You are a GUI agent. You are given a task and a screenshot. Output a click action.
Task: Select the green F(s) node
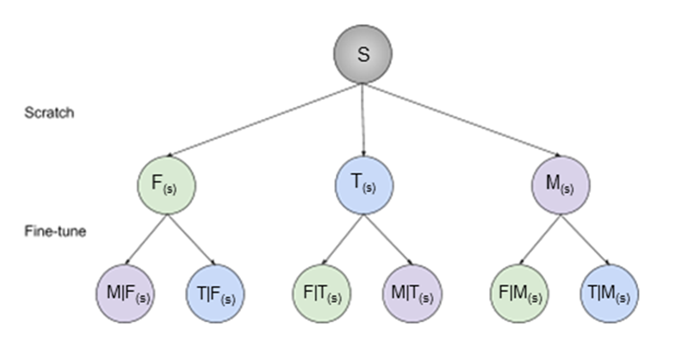(x=167, y=183)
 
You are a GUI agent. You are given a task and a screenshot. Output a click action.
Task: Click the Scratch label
(x=50, y=113)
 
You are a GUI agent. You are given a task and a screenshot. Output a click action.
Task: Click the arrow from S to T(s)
(x=363, y=121)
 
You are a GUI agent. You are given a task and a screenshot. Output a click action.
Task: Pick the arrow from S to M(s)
(x=465, y=121)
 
